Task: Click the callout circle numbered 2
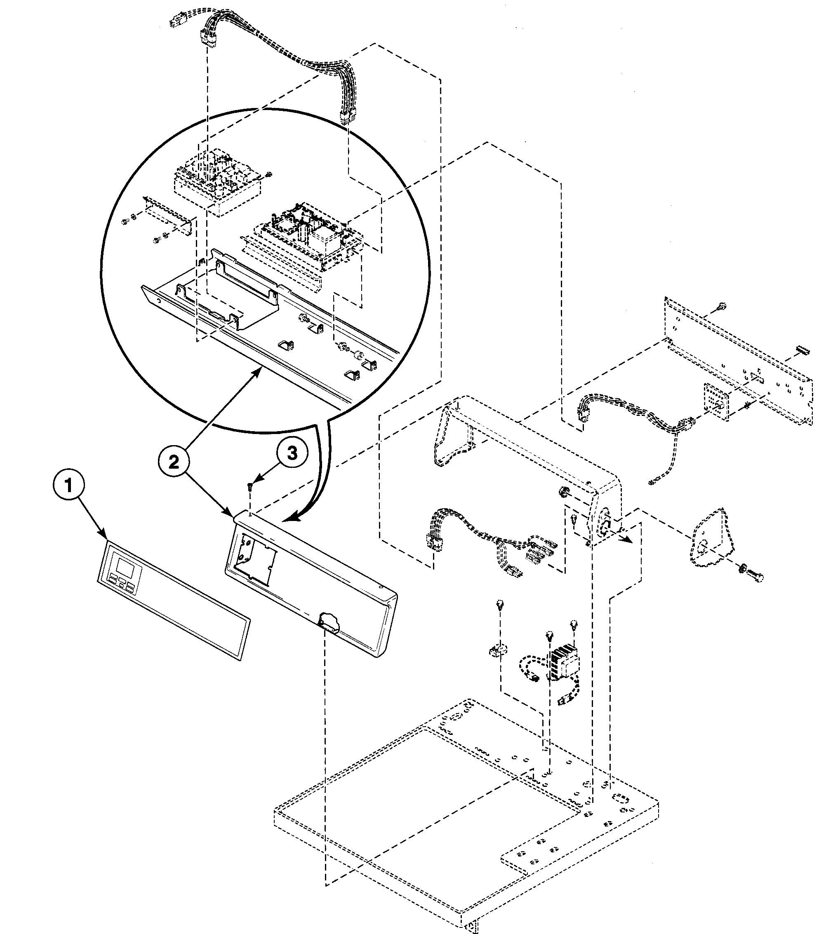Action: [x=174, y=462]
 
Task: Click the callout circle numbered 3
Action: [x=292, y=453]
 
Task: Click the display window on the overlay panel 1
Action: [x=125, y=569]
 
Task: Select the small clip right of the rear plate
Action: [x=802, y=351]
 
